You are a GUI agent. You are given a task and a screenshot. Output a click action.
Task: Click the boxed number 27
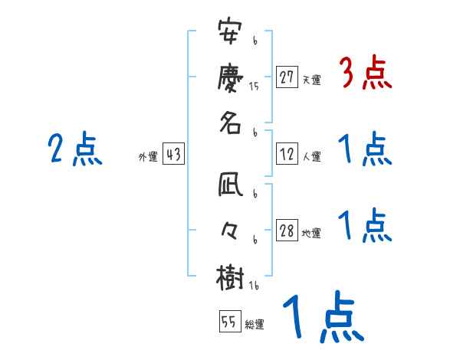tap(287, 77)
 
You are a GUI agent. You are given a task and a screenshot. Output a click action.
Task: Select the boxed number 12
tap(287, 154)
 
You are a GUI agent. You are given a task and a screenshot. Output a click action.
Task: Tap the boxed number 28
tap(287, 231)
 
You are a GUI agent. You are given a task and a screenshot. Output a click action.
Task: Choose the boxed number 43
tap(172, 154)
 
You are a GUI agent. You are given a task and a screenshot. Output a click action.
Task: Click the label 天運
tap(311, 80)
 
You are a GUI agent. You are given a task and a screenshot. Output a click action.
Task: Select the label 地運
tap(311, 233)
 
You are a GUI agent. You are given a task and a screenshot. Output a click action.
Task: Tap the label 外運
tap(147, 156)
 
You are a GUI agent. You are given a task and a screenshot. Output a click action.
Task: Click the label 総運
tap(254, 323)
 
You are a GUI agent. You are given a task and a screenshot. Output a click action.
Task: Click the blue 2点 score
tap(74, 149)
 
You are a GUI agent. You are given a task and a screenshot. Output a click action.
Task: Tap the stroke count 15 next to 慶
tap(254, 87)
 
